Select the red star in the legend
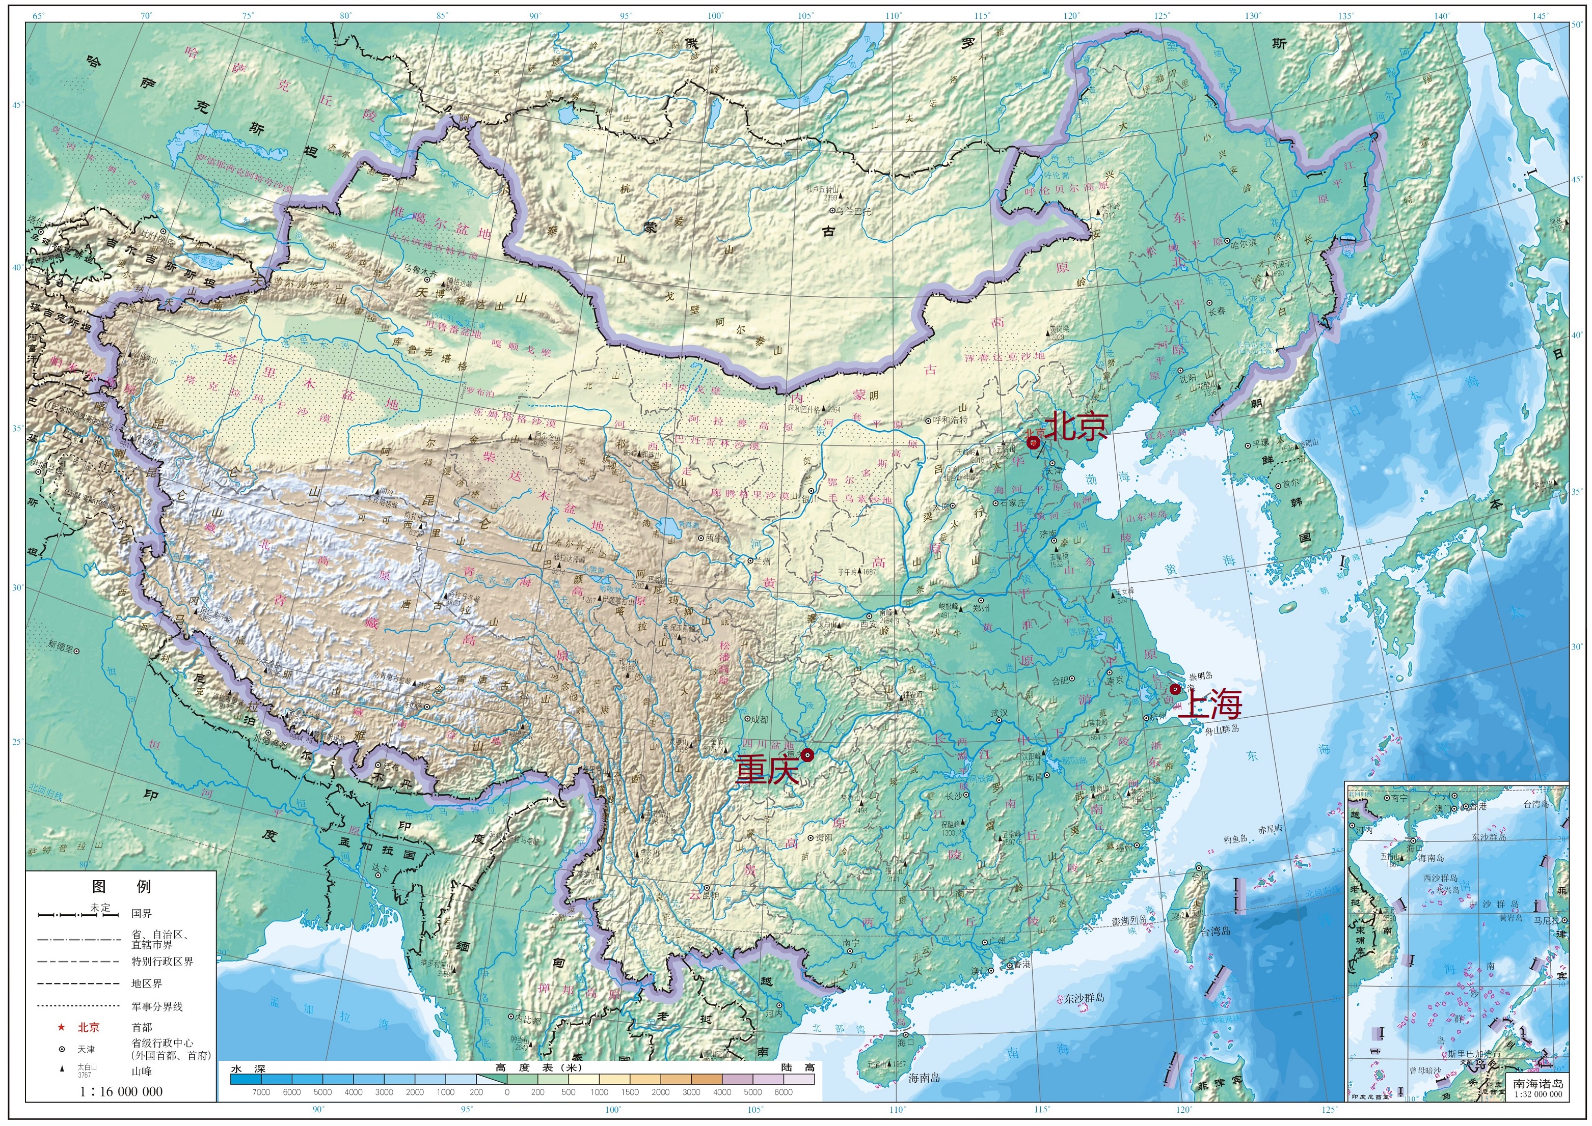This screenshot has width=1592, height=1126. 61,1027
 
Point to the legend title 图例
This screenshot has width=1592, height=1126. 121,886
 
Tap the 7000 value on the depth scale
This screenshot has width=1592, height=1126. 261,1092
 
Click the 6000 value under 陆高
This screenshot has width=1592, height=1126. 783,1092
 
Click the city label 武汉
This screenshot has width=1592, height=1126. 999,713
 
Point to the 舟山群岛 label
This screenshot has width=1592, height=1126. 1222,729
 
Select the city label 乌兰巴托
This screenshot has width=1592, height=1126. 855,211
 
